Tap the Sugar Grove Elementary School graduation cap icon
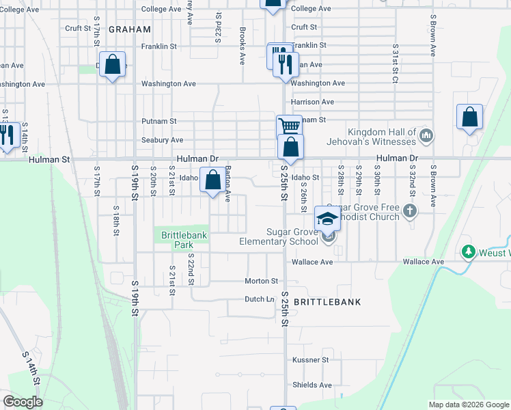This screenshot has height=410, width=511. tap(327, 219)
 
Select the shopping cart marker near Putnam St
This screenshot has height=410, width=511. tap(289, 126)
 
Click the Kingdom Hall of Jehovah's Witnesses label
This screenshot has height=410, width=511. tap(382, 137)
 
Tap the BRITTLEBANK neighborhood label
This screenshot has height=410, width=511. tap(327, 301)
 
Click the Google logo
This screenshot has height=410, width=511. tap(23, 402)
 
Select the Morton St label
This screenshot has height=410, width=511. tap(262, 281)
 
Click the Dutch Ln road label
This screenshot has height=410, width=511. tap(260, 299)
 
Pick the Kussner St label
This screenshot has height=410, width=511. tap(311, 359)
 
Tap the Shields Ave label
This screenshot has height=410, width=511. tap(312, 385)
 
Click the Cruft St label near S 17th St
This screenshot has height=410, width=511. tap(78, 28)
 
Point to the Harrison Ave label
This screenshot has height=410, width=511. tap(312, 102)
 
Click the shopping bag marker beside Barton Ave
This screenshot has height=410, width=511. tap(212, 181)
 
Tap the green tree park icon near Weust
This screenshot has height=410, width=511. tap(468, 252)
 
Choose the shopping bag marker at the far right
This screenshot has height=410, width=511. tap(469, 118)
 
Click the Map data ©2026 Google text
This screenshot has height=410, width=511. tap(468, 405)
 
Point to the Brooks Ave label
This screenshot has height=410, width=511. tap(243, 46)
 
